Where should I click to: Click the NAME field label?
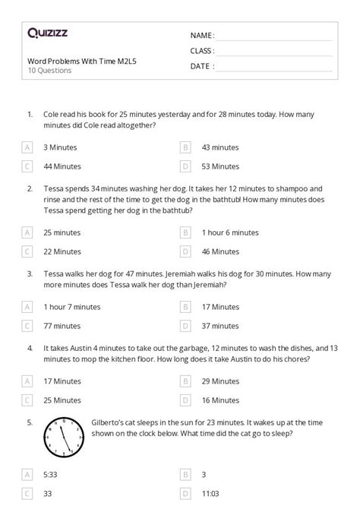[x=201, y=36]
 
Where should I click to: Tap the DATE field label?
[x=201, y=66]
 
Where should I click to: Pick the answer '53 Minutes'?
[x=219, y=166]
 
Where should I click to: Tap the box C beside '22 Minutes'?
[x=27, y=251]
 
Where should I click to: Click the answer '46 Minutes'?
[x=219, y=251]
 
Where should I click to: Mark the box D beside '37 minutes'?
[x=185, y=326]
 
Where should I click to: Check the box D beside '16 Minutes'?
[x=185, y=400]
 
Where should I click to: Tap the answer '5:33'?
[x=51, y=474]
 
